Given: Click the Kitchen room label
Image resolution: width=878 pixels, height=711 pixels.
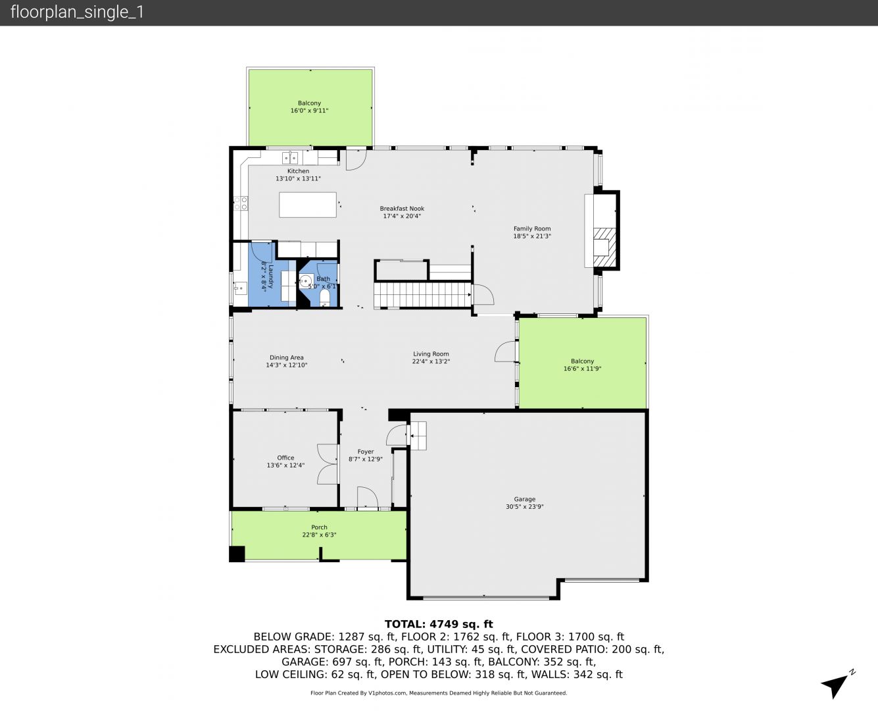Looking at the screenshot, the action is click(x=298, y=171).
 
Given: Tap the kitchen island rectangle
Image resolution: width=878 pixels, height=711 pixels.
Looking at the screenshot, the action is click(x=308, y=205).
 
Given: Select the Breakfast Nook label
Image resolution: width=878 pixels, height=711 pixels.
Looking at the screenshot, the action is click(x=402, y=209).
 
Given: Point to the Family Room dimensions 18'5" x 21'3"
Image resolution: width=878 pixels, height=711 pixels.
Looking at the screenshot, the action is click(x=532, y=236).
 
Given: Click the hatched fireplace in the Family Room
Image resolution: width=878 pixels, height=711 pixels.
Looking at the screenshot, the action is click(x=605, y=247).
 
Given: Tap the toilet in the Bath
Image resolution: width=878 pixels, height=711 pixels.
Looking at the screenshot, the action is click(x=325, y=298).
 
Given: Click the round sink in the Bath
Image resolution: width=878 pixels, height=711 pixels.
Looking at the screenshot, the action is click(x=305, y=281).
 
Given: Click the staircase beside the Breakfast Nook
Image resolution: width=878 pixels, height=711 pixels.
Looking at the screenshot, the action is click(x=422, y=295).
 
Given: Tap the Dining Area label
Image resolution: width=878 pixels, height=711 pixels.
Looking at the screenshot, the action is click(x=287, y=357).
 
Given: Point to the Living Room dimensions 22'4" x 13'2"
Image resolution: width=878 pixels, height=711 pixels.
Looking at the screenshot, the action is click(x=431, y=361).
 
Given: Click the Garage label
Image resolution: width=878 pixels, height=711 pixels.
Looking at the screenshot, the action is click(x=524, y=499).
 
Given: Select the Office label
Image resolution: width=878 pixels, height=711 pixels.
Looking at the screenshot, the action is click(x=285, y=458).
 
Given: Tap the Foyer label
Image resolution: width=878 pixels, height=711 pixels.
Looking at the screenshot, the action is click(x=366, y=452).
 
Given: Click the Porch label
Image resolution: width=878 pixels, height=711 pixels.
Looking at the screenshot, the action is click(x=319, y=527).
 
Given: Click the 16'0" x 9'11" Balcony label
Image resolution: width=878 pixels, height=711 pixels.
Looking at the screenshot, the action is click(x=309, y=107).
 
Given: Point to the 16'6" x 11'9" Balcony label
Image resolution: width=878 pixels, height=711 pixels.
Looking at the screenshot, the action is click(x=582, y=365).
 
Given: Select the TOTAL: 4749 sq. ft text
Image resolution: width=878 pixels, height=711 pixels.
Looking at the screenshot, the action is click(x=439, y=624).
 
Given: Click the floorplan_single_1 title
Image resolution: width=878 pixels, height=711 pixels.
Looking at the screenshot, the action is click(x=77, y=13).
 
